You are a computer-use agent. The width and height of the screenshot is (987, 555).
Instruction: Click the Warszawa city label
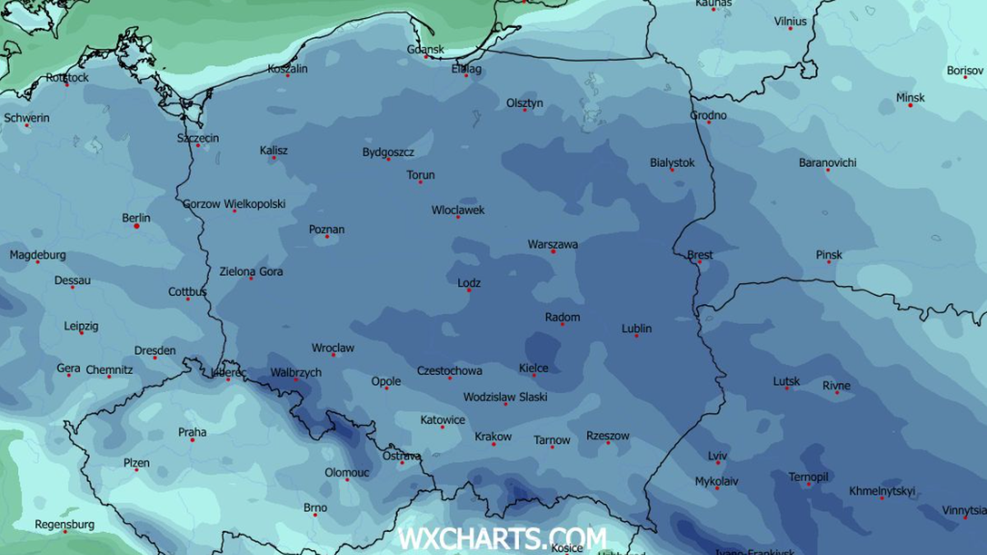[x=552, y=244]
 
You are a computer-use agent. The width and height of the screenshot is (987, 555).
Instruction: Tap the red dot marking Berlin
[x=137, y=225]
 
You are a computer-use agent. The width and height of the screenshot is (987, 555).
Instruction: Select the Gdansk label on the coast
[x=425, y=49]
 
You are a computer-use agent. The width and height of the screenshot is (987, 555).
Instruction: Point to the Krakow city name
[x=493, y=437]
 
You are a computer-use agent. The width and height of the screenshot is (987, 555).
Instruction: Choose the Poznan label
[x=327, y=229]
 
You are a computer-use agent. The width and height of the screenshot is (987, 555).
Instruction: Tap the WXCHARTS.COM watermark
[x=502, y=539]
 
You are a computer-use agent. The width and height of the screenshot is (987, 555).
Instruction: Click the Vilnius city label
[x=790, y=21]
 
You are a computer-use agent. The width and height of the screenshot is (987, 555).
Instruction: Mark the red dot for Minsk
[x=910, y=105]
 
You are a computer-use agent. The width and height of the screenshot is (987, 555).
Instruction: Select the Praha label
[x=192, y=432]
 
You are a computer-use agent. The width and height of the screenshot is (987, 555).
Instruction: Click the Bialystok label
[x=672, y=163]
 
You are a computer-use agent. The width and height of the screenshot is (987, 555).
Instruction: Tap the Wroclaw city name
[x=332, y=348]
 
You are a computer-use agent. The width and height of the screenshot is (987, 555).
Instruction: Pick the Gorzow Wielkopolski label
[x=234, y=204]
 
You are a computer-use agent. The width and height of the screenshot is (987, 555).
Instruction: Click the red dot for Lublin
[x=636, y=335]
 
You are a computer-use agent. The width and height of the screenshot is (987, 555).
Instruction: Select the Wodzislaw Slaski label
[x=505, y=397]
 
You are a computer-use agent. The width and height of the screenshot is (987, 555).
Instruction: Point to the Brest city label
[x=700, y=255]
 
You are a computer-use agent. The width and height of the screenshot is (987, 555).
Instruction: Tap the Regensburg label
[x=64, y=525]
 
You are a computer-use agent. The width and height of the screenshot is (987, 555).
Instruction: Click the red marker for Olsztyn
[x=525, y=109]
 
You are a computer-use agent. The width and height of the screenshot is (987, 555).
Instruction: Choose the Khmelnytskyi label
[x=882, y=491]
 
